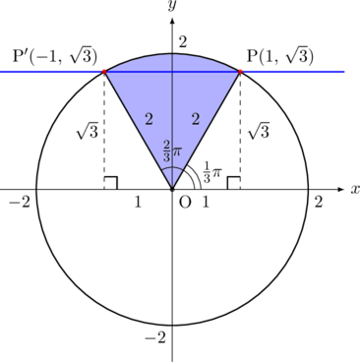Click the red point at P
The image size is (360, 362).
click(240, 72)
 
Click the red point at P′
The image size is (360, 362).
click(104, 72)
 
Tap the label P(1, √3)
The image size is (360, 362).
click(280, 56)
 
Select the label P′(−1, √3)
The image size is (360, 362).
click(55, 56)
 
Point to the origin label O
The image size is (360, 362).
click(185, 203)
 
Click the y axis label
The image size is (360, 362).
click(172, 6)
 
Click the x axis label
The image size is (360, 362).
click(355, 189)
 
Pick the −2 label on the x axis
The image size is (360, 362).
click(20, 203)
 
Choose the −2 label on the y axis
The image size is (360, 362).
click(155, 337)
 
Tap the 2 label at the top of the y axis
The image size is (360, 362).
click(183, 42)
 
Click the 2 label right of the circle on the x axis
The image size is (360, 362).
click(319, 203)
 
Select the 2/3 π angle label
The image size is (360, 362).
click(172, 151)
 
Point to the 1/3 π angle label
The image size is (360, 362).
click(212, 172)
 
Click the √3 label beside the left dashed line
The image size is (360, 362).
click(88, 131)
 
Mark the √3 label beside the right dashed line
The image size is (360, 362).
click(259, 131)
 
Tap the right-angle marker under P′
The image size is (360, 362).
click(111, 183)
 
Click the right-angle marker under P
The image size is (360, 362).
click(234, 183)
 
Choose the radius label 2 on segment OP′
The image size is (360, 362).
click(149, 119)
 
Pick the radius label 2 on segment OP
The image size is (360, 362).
click(196, 119)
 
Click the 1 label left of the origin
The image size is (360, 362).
click(138, 203)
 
